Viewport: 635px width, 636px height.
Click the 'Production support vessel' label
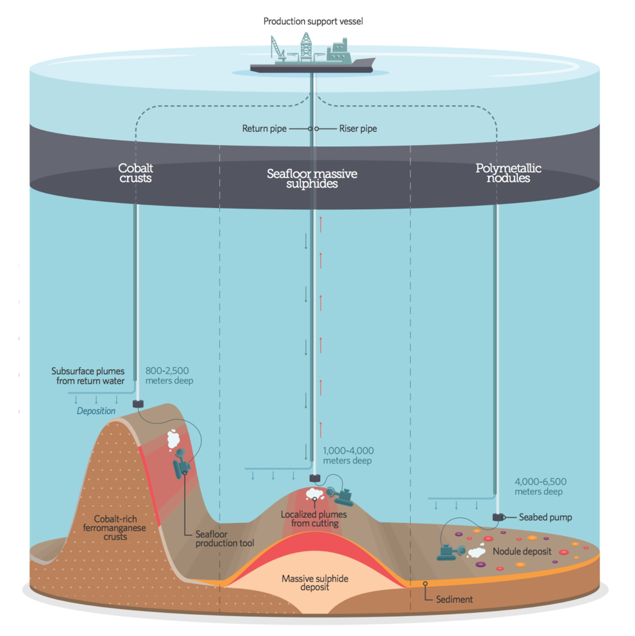(x=314, y=22)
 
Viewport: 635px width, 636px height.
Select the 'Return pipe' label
(x=264, y=129)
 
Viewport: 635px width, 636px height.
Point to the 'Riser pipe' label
(x=358, y=129)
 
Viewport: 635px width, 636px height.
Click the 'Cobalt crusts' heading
(x=135, y=173)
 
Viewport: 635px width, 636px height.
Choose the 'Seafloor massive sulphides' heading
(x=312, y=179)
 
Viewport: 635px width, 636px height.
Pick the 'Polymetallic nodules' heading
(x=508, y=173)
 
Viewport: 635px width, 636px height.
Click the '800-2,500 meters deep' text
(x=169, y=375)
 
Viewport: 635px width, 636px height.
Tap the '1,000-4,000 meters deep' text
(x=348, y=456)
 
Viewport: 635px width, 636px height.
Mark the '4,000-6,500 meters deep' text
(x=540, y=486)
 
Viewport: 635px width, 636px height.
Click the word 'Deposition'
(x=96, y=411)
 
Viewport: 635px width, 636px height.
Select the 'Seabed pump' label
(x=545, y=517)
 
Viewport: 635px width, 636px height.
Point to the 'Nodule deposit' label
(x=521, y=551)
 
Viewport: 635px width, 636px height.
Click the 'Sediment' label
(x=454, y=599)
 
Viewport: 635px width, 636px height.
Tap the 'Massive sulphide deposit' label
(x=315, y=583)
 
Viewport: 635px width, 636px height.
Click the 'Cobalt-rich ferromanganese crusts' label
(x=120, y=528)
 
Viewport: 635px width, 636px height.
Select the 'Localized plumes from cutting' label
(x=314, y=519)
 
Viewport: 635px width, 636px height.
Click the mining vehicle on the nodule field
(x=450, y=550)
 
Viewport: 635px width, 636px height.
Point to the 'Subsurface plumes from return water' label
(x=88, y=376)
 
